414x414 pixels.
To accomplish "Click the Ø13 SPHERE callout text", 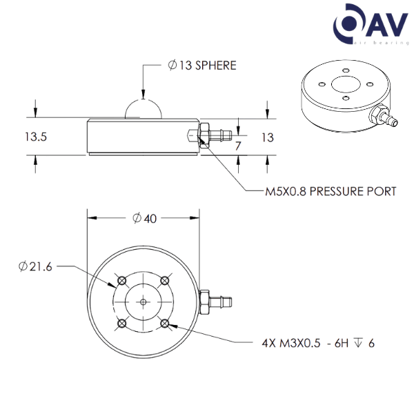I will [x=201, y=66].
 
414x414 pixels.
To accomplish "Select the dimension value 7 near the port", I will [x=238, y=147].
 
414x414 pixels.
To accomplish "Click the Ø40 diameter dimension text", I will [x=145, y=219].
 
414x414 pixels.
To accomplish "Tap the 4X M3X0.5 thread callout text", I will [x=318, y=342].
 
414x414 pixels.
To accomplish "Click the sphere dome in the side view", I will [x=144, y=108].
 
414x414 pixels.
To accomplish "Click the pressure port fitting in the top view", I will [x=215, y=302].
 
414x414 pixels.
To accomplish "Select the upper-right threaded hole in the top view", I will [x=164, y=280].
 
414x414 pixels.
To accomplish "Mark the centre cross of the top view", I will [x=143, y=302].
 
